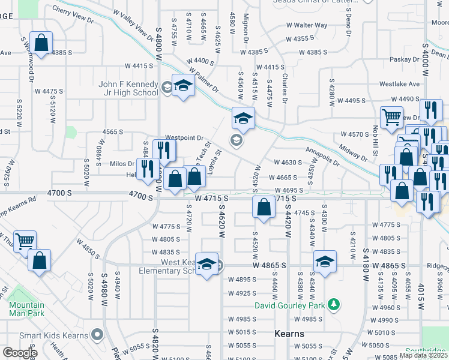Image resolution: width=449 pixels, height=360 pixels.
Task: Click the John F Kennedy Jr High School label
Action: point(128,88)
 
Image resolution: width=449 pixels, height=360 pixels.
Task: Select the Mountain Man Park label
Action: point(26,309)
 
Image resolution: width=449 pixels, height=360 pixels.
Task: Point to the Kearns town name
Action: point(289,334)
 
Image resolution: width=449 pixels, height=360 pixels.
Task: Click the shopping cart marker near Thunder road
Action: point(25,242)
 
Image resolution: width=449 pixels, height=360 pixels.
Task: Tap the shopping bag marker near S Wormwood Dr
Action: point(40,43)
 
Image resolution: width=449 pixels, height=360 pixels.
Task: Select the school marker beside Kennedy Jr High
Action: point(183,86)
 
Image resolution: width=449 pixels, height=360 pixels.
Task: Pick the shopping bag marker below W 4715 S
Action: point(264,208)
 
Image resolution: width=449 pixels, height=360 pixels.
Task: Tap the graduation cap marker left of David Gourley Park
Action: point(324,262)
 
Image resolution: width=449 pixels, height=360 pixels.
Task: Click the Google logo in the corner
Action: point(20,353)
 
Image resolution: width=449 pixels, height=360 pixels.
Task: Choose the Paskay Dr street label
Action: point(404,59)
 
